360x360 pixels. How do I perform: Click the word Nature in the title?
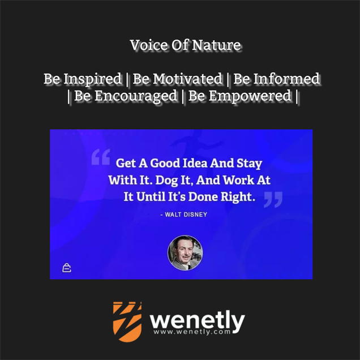click(x=216, y=45)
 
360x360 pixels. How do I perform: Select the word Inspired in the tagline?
click(x=92, y=79)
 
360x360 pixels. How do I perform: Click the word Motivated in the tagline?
click(x=187, y=79)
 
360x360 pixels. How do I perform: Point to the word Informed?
click(x=286, y=79)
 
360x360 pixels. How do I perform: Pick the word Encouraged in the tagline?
click(x=136, y=96)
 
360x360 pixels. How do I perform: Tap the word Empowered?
click(x=250, y=96)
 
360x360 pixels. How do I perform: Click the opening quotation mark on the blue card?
click(x=101, y=157)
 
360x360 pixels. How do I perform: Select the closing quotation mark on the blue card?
click(x=273, y=200)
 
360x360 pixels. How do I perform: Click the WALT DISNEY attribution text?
click(x=183, y=215)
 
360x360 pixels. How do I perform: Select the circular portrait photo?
click(x=185, y=252)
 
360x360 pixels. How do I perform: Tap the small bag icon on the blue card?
click(x=67, y=268)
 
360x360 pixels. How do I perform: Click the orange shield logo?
click(x=127, y=322)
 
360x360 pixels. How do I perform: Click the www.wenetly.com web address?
click(x=192, y=332)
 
